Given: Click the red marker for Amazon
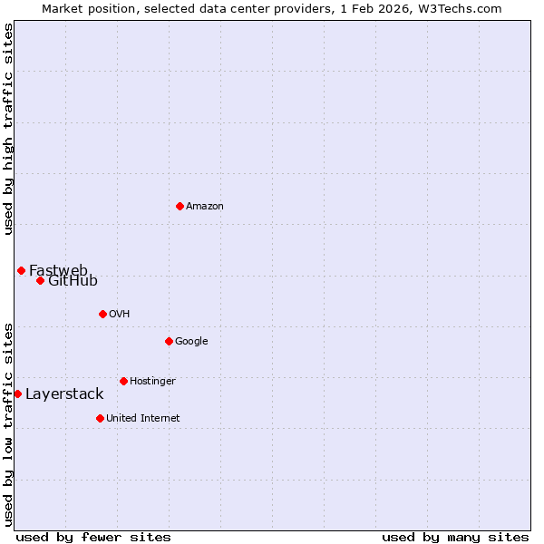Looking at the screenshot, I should tap(180, 206).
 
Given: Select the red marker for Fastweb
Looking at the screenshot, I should tap(21, 270).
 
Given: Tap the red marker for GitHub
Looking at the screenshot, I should tap(40, 280).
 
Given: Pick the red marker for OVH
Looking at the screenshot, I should tap(102, 314).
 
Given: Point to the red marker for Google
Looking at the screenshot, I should tap(169, 341).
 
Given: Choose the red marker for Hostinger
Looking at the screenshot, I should tap(123, 381).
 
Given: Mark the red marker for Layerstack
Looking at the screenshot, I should tap(17, 393).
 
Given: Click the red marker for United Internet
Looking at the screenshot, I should tap(100, 418).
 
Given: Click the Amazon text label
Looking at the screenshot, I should tap(205, 207).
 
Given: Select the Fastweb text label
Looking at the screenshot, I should tap(58, 270).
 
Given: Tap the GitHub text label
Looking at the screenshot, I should tap(73, 281).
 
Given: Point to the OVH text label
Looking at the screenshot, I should tap(119, 315).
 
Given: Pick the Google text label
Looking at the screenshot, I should tap(191, 342).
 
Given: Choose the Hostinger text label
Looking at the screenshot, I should tap(152, 382).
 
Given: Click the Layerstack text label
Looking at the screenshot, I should tap(64, 394).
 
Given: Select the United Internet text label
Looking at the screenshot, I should tap(142, 419).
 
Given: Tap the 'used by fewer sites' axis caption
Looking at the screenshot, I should tap(93, 537).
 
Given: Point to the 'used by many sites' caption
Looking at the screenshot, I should tap(455, 537).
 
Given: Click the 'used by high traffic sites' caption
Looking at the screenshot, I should tap(8, 129).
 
